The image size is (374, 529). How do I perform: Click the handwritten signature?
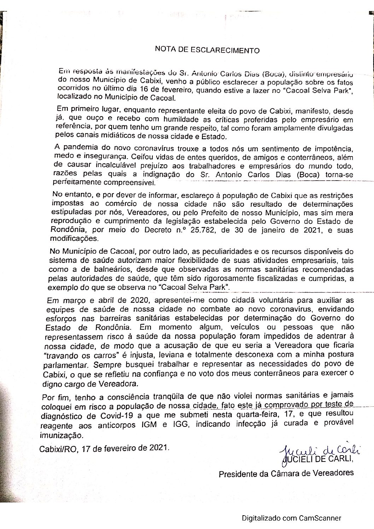pos(318,449)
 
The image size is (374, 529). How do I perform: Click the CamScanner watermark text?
pos(292,518)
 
